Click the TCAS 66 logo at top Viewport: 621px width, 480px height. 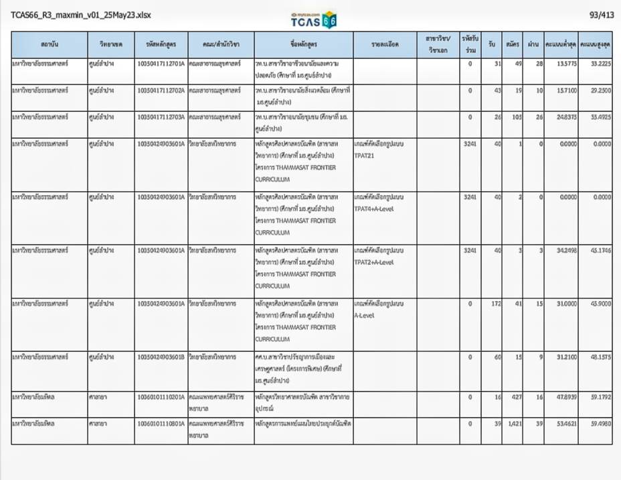(314, 20)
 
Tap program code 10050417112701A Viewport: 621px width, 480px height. (161, 64)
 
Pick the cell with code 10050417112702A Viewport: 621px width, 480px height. (161, 91)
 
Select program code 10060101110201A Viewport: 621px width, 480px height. (161, 398)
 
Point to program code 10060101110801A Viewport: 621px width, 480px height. (161, 424)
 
